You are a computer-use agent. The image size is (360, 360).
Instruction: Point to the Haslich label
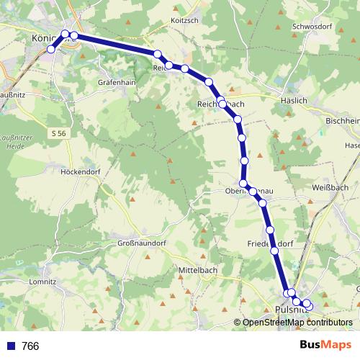[x=294, y=102]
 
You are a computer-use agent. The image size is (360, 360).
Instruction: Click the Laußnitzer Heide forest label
[x=17, y=138]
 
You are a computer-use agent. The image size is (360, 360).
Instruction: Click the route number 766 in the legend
[x=30, y=346]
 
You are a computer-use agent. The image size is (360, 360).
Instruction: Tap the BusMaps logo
[x=325, y=346]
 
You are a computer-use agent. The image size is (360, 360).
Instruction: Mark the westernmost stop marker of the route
[x=51, y=49]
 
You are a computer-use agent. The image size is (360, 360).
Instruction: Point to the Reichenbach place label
[x=221, y=105]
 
